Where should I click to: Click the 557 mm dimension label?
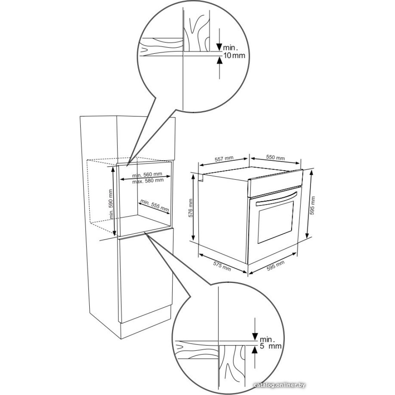coord(224,159)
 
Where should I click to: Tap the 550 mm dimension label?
coord(276,158)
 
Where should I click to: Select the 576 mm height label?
coord(191,208)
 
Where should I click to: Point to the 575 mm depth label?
coord(222,266)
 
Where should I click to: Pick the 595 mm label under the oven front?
coord(276,265)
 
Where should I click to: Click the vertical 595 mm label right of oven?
coord(313,205)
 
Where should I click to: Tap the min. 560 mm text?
coord(147,175)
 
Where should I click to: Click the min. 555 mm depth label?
coord(154,205)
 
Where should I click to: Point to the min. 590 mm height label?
coord(111,204)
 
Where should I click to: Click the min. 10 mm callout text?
coord(234,51)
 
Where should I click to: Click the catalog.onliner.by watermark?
coord(280,385)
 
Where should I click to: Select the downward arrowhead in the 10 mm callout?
coord(220,47)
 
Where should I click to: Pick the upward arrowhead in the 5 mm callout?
coord(255,350)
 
